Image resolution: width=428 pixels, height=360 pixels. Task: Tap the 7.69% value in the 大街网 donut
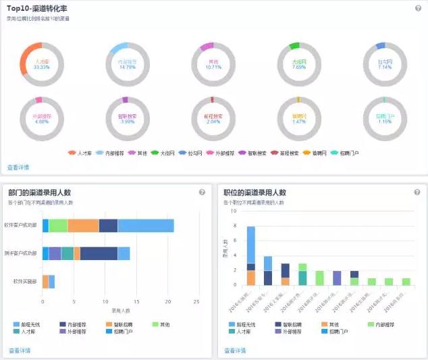298,68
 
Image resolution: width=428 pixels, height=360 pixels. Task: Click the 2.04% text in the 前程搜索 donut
213,122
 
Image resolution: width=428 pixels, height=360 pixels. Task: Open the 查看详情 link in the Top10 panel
18,167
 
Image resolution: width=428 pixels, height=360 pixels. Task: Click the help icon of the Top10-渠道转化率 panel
419,8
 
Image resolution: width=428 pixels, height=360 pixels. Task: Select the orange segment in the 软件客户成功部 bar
83,226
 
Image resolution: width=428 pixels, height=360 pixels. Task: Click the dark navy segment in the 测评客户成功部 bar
99,253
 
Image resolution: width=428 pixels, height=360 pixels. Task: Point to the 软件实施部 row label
25,281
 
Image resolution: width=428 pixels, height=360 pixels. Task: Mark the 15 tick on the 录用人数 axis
134,302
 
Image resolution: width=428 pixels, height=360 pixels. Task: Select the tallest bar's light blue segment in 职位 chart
251,244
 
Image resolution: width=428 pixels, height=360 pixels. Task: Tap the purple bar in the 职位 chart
338,278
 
